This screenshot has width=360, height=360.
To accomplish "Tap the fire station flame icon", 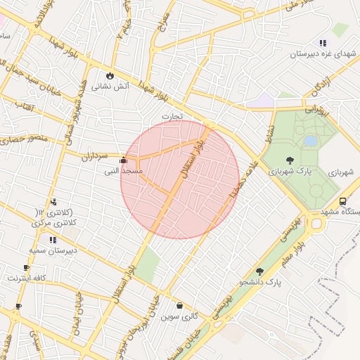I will point(110,75).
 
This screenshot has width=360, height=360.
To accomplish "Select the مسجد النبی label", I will point(123,171).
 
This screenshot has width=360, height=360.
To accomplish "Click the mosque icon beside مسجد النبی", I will point(124,160).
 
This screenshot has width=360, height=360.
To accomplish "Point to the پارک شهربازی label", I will point(293,172).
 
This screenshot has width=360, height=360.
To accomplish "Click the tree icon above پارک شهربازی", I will point(290,160).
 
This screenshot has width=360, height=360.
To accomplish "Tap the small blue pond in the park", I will point(310,141).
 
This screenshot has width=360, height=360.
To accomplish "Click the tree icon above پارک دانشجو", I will point(259,271).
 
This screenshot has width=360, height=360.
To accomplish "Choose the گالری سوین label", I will point(180,317).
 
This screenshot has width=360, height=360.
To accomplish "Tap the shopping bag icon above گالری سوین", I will point(180,306).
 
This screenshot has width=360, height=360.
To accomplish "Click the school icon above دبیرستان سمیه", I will point(53,240).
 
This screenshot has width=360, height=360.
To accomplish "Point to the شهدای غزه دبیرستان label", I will point(321,53).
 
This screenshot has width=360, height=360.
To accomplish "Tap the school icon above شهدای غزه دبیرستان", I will point(322,43).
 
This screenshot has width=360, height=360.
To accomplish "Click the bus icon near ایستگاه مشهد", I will point(342,201).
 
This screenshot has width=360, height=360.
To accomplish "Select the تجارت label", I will point(172,115).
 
